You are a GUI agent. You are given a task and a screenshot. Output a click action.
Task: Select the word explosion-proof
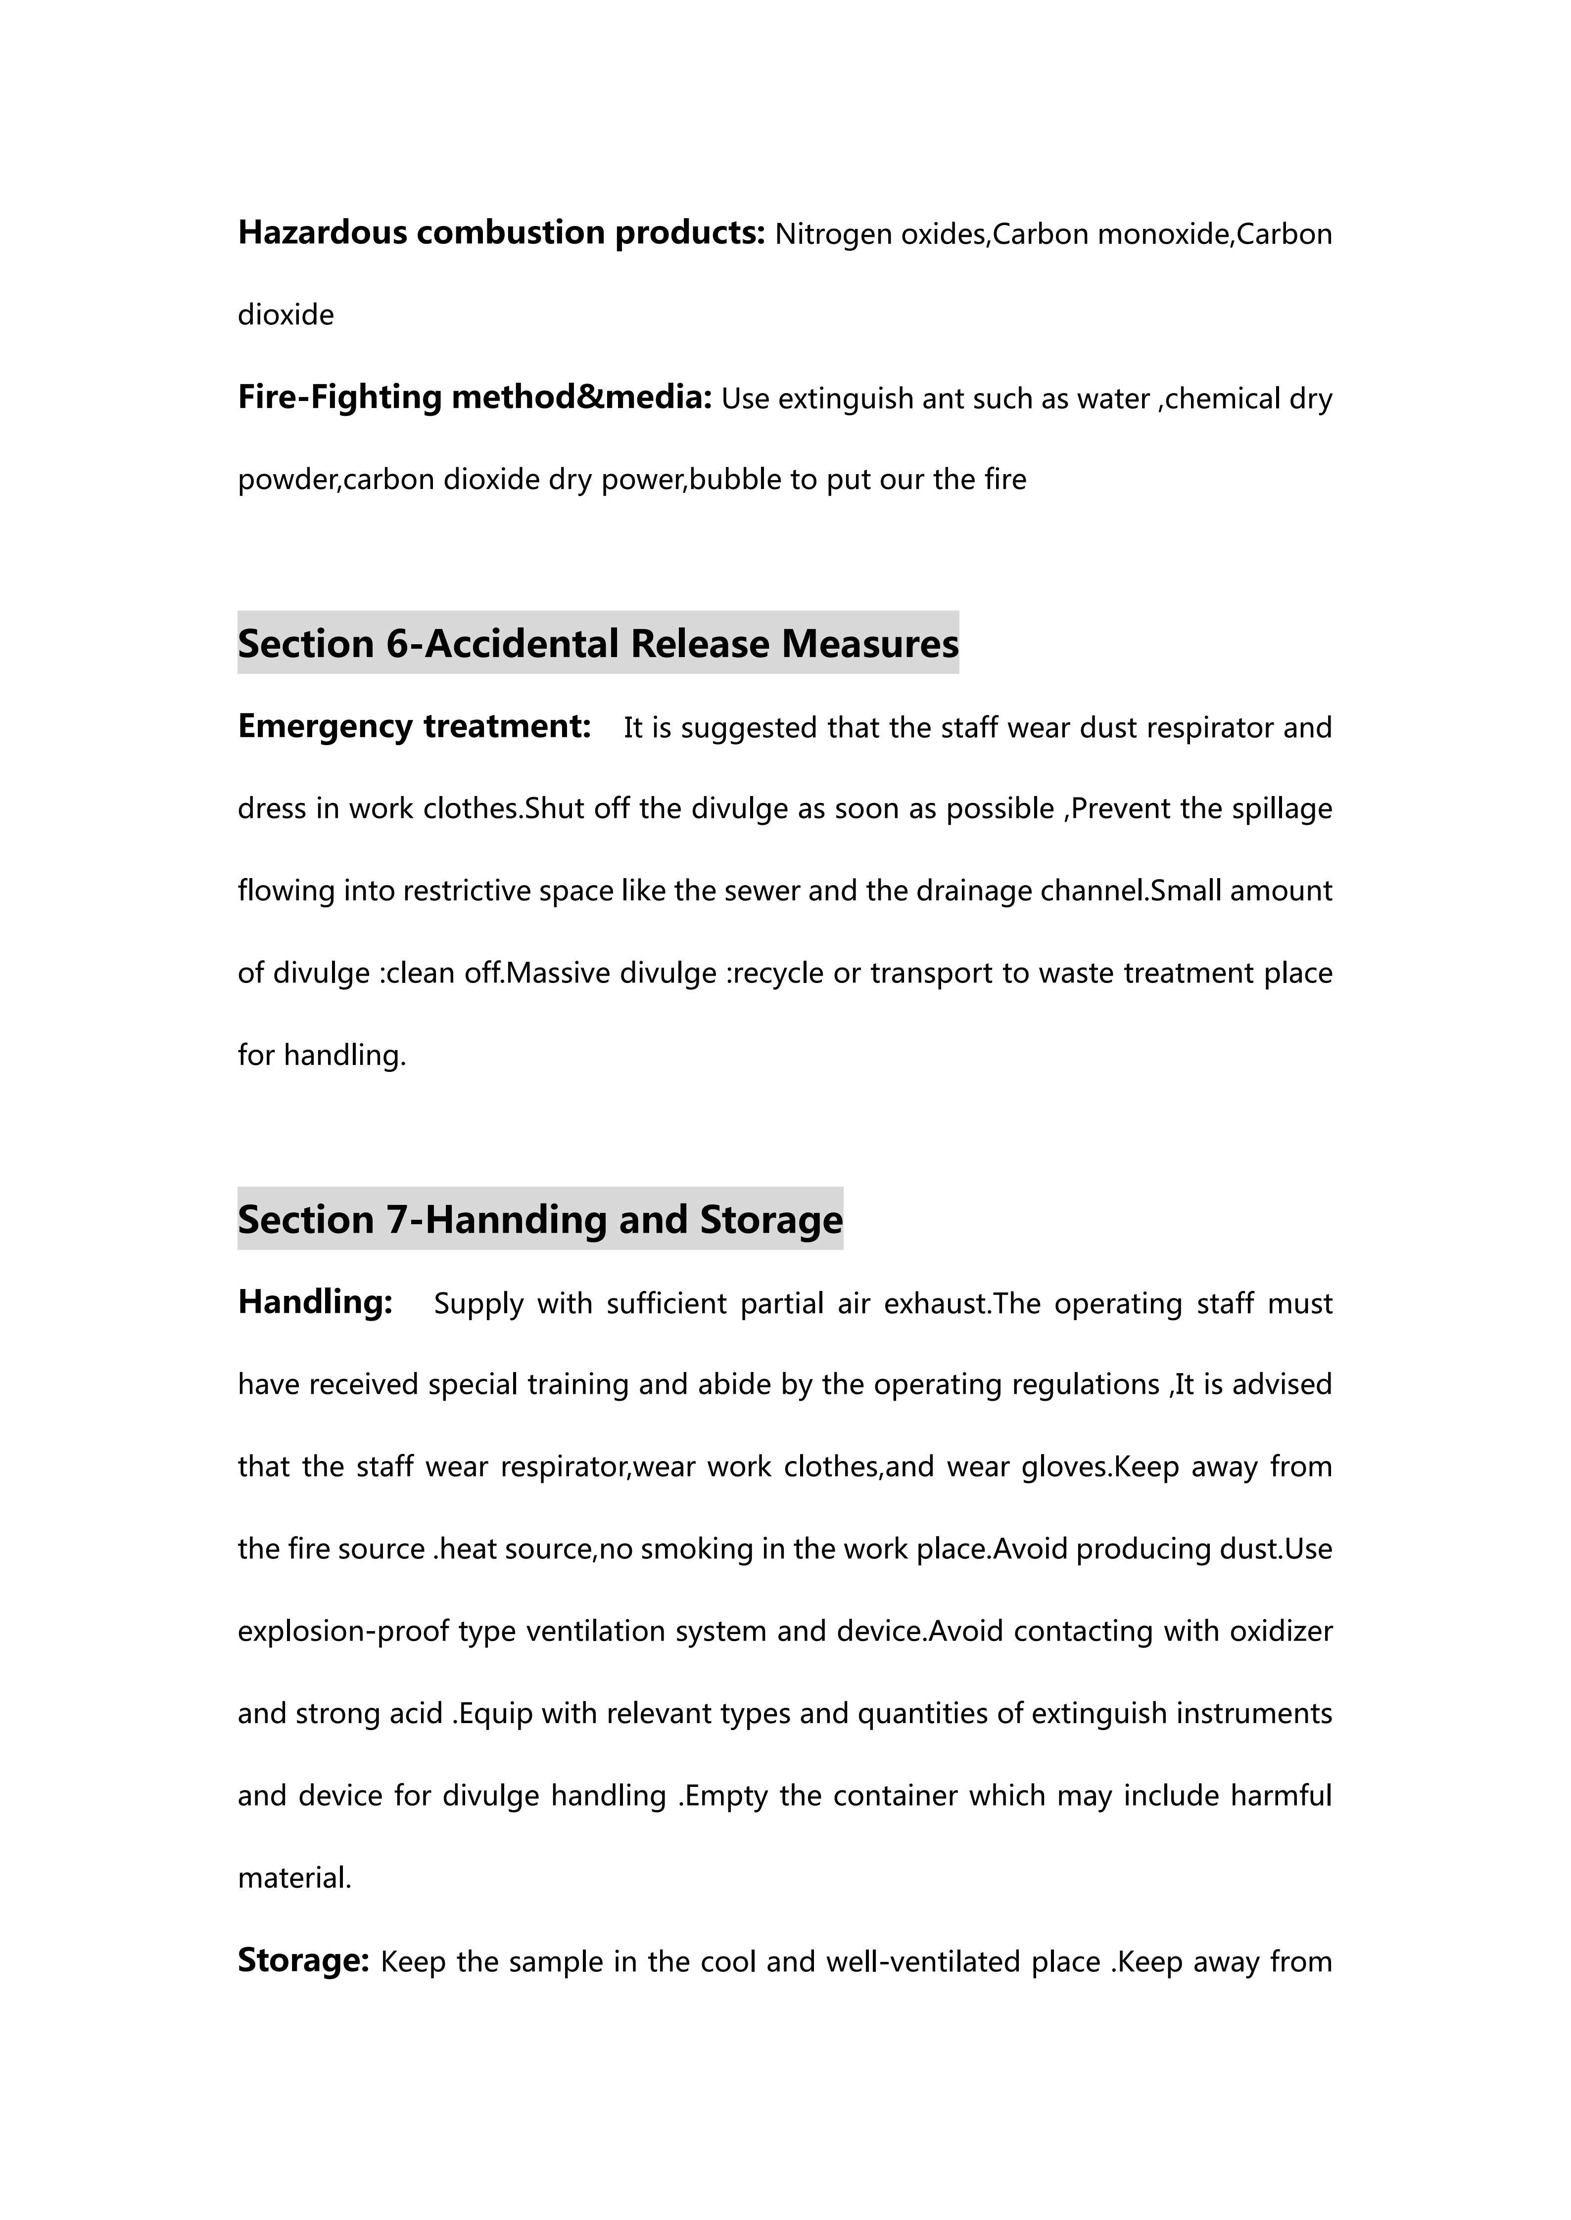click(x=343, y=1632)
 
